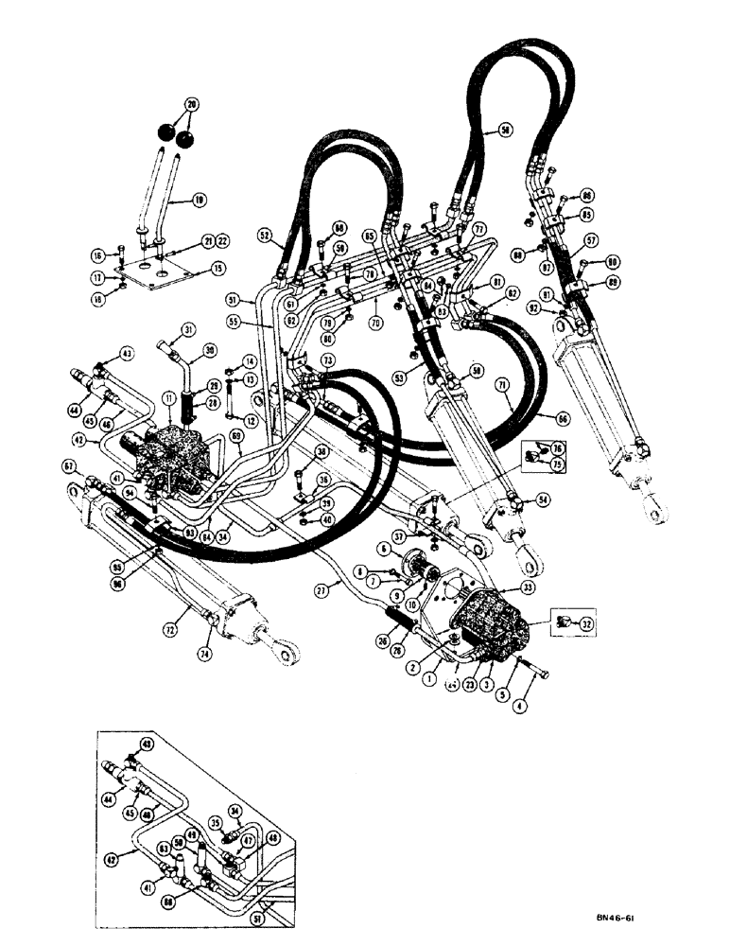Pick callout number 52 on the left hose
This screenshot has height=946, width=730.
[264, 235]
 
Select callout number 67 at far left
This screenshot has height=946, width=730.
[69, 465]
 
